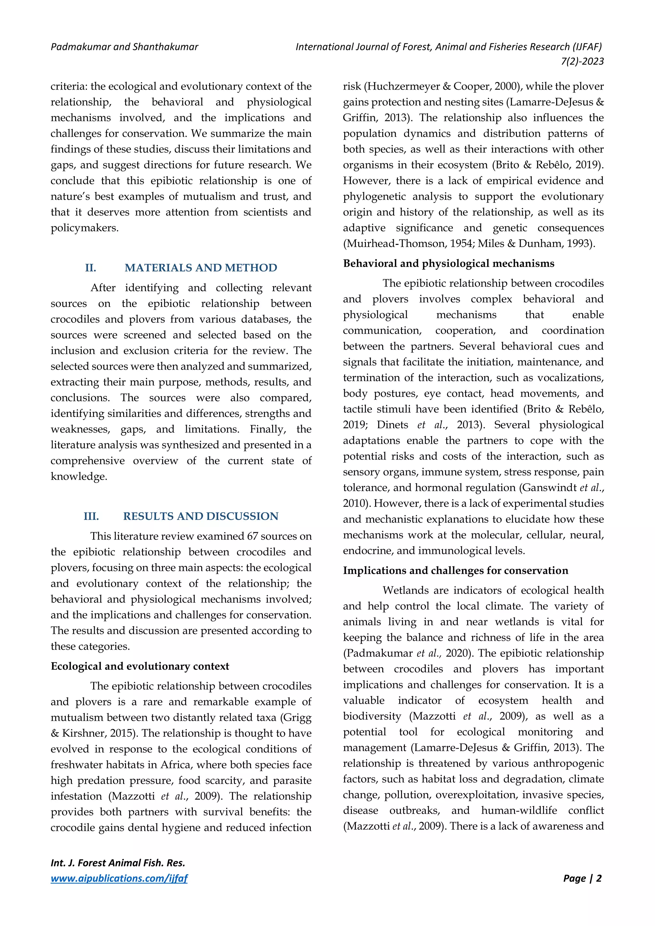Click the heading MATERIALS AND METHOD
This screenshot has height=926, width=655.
(x=201, y=268)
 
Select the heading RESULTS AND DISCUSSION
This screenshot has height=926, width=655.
(x=201, y=516)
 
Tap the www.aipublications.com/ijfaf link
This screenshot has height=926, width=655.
(x=119, y=878)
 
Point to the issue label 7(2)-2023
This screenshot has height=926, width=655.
(x=582, y=61)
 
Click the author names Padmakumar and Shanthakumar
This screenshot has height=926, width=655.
(x=124, y=47)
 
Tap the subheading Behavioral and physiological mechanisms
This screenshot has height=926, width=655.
(x=448, y=263)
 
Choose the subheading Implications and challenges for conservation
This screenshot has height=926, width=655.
(x=455, y=571)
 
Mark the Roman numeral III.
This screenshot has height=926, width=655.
(x=91, y=516)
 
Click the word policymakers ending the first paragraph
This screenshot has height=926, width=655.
(x=84, y=228)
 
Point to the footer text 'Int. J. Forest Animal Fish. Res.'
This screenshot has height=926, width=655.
(x=118, y=863)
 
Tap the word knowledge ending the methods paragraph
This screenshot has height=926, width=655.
(x=79, y=477)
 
